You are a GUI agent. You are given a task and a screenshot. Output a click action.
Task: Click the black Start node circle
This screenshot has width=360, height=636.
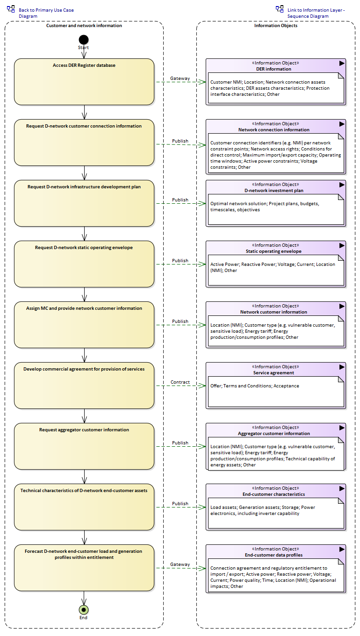click(84, 40)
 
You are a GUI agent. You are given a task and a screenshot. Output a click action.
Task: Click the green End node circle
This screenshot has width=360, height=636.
click(84, 609)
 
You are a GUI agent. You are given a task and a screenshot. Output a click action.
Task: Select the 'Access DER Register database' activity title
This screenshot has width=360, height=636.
click(84, 65)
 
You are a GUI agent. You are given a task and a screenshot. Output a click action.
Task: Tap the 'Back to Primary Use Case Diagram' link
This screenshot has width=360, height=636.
click(46, 13)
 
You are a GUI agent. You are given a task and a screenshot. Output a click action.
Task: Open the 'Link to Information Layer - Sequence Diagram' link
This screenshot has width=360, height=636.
click(316, 13)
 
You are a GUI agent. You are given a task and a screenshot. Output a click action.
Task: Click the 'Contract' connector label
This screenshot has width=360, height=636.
click(180, 382)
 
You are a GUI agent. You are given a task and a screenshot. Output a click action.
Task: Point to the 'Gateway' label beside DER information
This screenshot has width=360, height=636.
click(180, 79)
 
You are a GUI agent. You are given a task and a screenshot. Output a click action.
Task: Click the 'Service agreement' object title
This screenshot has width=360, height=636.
click(274, 373)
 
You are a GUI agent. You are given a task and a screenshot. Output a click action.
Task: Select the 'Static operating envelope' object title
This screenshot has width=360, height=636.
click(274, 251)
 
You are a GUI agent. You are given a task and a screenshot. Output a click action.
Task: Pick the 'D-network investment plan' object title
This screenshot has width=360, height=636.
click(274, 191)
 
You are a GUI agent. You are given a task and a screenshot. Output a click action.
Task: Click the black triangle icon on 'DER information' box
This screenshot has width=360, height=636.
click(342, 63)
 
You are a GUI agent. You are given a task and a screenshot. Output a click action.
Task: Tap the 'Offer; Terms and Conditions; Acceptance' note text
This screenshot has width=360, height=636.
click(255, 386)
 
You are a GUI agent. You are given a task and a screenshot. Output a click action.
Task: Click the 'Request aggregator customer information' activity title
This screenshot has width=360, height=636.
click(84, 430)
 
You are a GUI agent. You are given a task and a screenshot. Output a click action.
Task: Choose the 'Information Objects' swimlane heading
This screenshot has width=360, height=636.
click(276, 26)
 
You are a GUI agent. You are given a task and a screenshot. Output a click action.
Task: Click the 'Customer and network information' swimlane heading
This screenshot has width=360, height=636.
click(84, 26)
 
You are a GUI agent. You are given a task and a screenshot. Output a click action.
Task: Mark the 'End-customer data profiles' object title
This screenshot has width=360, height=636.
click(274, 555)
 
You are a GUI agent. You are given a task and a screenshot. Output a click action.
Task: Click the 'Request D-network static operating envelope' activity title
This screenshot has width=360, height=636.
click(84, 248)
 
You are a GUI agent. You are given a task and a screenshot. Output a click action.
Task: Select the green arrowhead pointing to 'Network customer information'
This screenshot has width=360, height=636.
click(202, 325)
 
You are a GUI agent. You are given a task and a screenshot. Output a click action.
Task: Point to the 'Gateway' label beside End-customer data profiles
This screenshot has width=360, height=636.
click(180, 565)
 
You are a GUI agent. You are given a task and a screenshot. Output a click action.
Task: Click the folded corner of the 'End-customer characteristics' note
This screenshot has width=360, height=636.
click(341, 501)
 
